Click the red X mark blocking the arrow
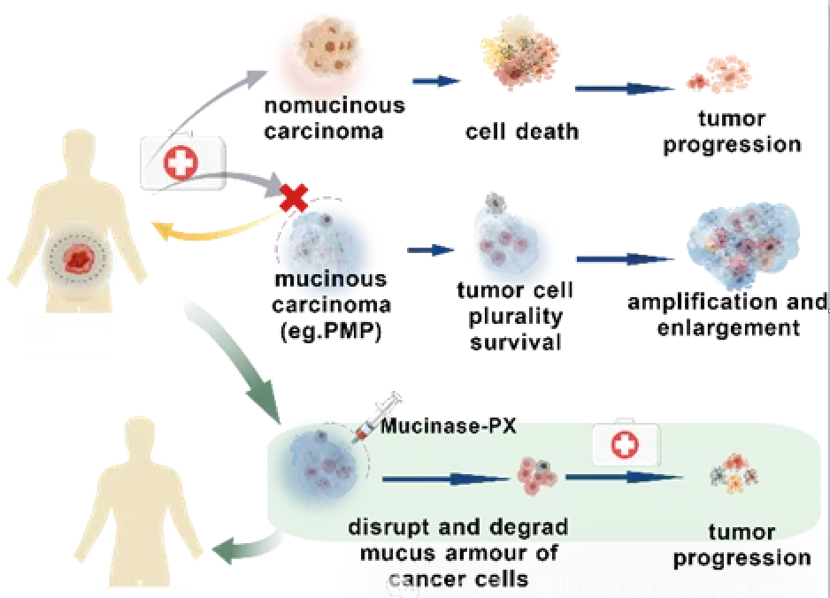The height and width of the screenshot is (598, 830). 293,199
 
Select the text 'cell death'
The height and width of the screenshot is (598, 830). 522,133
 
